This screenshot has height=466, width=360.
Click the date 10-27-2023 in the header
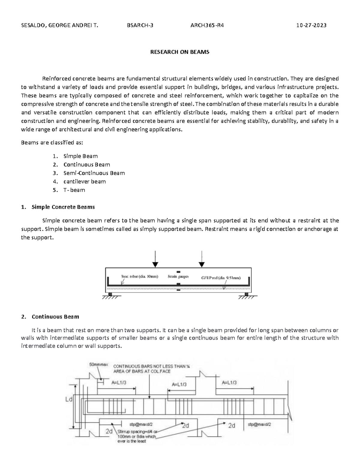point(311,25)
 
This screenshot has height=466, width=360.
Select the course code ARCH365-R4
point(207,25)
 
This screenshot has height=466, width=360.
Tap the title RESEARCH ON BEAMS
point(180,52)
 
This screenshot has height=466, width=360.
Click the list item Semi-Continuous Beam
point(94,173)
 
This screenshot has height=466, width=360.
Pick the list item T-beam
point(74,190)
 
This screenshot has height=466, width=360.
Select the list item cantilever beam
point(85,182)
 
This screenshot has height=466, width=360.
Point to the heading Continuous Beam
point(55,317)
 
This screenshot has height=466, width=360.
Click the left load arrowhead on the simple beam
point(155,264)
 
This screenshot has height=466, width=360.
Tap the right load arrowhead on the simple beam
point(202,264)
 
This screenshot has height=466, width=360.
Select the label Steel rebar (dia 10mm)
point(139,276)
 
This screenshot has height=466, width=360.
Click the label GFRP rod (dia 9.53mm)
point(221,278)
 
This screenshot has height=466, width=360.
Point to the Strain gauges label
point(178,277)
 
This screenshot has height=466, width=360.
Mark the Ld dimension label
point(69,399)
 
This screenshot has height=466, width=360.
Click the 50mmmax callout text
point(99,365)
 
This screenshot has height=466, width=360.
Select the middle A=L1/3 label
point(179,384)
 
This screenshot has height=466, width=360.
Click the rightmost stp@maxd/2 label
point(259,425)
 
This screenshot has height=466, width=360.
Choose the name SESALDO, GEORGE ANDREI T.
point(59,25)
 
